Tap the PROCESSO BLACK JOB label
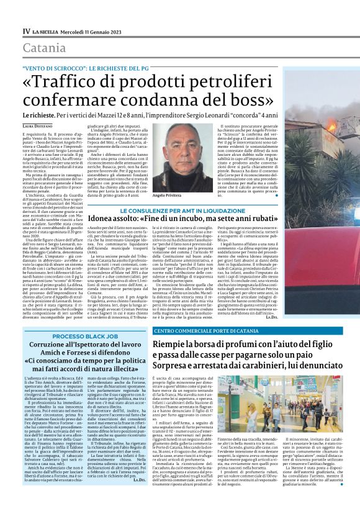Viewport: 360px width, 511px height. (78, 336)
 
